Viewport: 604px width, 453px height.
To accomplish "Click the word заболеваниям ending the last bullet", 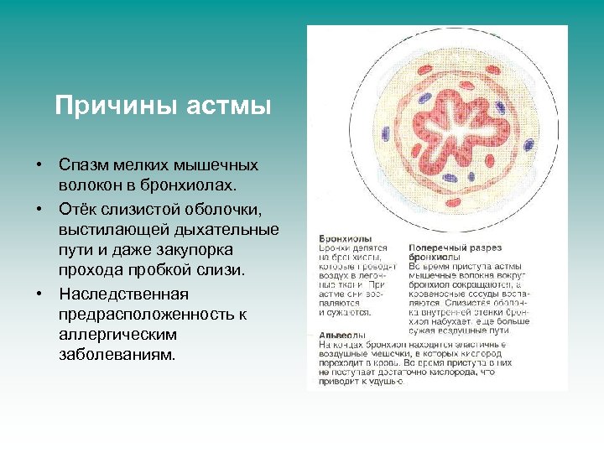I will pyautogui.click(x=117, y=353).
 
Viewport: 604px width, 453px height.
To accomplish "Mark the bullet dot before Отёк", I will pyautogui.click(x=39, y=207).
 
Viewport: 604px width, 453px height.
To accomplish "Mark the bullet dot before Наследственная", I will pyautogui.click(x=39, y=294).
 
